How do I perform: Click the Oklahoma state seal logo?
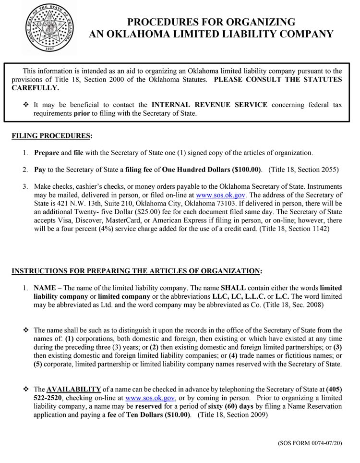coord(48,28)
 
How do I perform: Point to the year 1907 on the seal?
coord(48,49)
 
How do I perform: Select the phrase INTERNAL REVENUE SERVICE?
coord(209,104)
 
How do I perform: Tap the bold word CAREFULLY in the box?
coord(35,88)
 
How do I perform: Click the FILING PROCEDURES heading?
coord(51,136)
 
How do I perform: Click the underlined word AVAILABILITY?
coord(73,389)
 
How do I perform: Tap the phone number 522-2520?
coord(48,398)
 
